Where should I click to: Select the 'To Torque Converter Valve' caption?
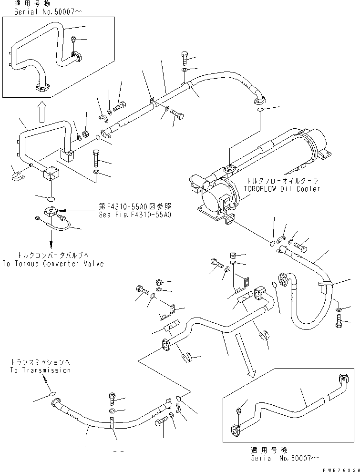pyautogui.click(x=52, y=263)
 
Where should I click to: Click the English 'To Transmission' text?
pyautogui.click(x=40, y=370)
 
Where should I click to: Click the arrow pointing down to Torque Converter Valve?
pyautogui.click(x=50, y=239)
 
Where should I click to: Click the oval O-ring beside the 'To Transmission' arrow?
pyautogui.click(x=53, y=394)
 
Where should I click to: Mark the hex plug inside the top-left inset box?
pyautogui.click(x=74, y=40)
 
